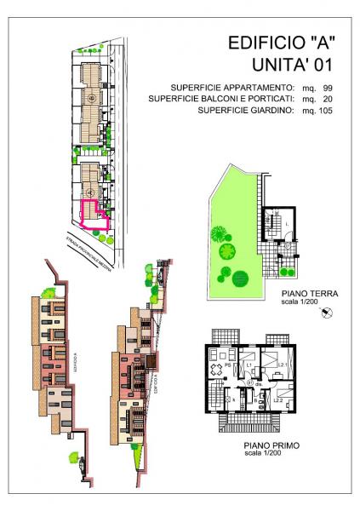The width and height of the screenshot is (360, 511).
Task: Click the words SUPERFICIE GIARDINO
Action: (245, 111)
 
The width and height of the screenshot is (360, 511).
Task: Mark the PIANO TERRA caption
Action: (309, 294)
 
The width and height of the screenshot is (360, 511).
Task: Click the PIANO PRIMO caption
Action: (260, 444)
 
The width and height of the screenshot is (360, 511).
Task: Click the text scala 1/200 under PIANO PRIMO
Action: (260, 452)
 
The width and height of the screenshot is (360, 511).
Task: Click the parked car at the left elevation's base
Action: (81, 464)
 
